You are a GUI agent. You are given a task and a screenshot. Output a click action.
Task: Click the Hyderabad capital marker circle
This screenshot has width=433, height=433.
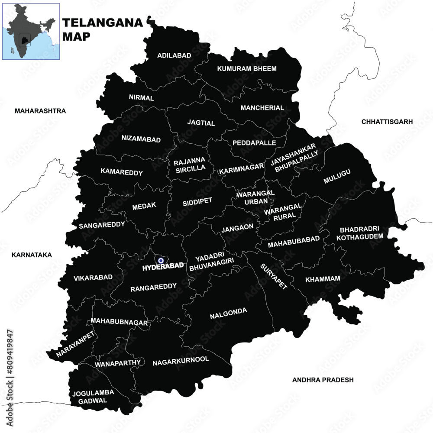point(161,261)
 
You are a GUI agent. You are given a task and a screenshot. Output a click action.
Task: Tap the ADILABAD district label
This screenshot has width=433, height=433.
point(162,55)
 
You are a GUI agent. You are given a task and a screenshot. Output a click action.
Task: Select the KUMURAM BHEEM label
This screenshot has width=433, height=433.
point(247,68)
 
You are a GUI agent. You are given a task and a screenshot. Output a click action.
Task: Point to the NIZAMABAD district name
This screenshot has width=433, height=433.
point(141,139)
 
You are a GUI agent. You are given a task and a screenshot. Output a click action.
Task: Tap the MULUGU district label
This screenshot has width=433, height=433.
point(337,176)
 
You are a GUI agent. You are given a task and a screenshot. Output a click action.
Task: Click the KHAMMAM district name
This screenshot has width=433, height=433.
point(323,279)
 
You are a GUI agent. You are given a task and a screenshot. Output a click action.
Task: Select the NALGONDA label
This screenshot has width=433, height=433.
point(228,311)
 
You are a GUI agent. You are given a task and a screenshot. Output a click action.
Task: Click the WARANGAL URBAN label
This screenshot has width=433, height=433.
point(255,197)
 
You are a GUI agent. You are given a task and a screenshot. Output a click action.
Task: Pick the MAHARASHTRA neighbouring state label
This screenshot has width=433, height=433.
point(40,111)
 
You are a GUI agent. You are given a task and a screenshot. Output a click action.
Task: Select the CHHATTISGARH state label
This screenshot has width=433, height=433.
point(387,122)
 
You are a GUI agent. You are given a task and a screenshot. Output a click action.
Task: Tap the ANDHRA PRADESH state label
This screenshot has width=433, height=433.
point(323,380)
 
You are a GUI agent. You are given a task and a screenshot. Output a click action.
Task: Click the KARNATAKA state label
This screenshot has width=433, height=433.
point(32,255)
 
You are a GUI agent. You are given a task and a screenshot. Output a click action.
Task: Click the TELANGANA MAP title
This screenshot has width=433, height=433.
point(102,29)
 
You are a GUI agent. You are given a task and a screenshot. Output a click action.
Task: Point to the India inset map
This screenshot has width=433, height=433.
point(31,31)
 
